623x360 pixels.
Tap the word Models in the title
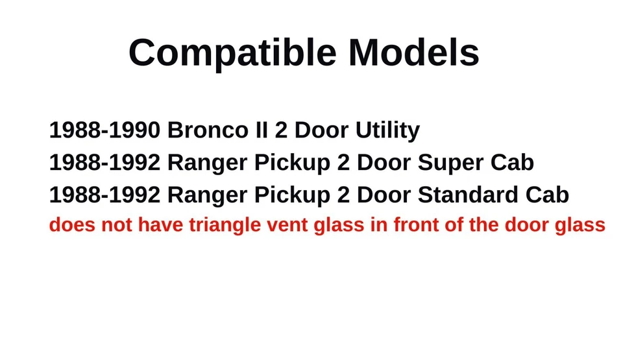(414, 53)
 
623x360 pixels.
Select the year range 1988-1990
(104, 130)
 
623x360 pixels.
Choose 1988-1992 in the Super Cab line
(104, 163)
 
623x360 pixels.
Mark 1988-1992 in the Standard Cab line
(104, 195)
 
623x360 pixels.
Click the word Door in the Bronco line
(321, 130)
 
